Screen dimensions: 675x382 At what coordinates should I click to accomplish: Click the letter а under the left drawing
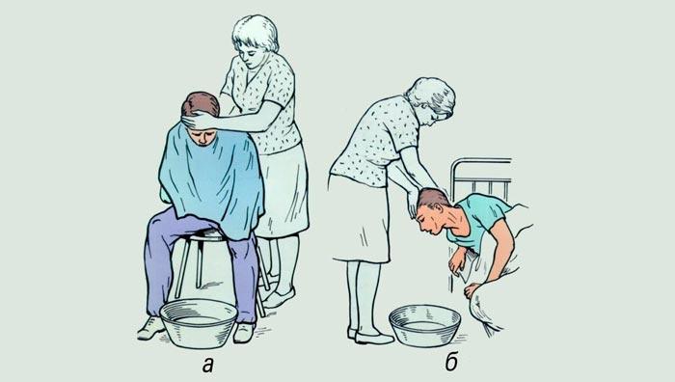tap(208, 366)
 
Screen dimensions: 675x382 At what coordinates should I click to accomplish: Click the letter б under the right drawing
tap(451, 363)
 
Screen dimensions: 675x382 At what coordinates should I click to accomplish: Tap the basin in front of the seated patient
tap(198, 323)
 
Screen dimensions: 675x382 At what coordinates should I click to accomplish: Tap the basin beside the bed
tap(424, 326)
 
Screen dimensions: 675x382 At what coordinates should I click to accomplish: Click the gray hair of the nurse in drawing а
tap(256, 31)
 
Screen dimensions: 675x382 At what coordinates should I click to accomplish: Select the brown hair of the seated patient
tap(201, 103)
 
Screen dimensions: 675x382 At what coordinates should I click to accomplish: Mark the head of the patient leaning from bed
tap(433, 211)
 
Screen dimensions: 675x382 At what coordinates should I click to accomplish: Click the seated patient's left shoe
tap(244, 333)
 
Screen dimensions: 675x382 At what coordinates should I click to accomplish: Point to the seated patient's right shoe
tap(151, 328)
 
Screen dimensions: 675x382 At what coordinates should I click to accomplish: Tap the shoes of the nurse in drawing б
tap(369, 336)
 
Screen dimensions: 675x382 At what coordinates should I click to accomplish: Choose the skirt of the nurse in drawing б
tap(360, 219)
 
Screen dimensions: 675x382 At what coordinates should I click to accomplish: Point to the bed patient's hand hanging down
tap(457, 261)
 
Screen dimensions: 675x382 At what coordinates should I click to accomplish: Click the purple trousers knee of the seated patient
tap(164, 224)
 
